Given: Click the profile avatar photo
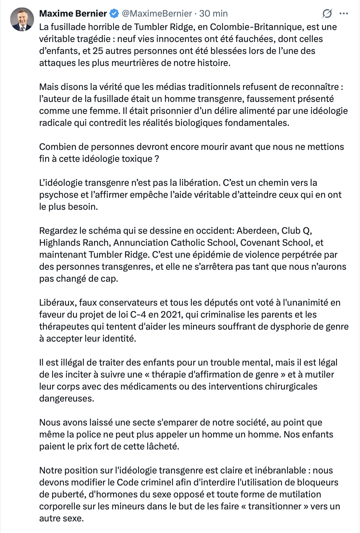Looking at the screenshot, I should [22, 19].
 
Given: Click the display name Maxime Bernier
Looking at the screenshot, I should [73, 13].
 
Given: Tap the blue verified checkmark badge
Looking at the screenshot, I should [114, 13].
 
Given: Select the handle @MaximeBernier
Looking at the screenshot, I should [157, 13].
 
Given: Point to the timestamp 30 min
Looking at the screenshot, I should [213, 13].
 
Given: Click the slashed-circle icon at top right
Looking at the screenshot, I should [327, 13].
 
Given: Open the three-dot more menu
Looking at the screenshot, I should [343, 13].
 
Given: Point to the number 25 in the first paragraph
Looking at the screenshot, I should [98, 51].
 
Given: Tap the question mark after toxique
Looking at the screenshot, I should [157, 159].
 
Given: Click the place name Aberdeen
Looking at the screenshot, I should [257, 231].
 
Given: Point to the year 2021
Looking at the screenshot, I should [170, 314].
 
